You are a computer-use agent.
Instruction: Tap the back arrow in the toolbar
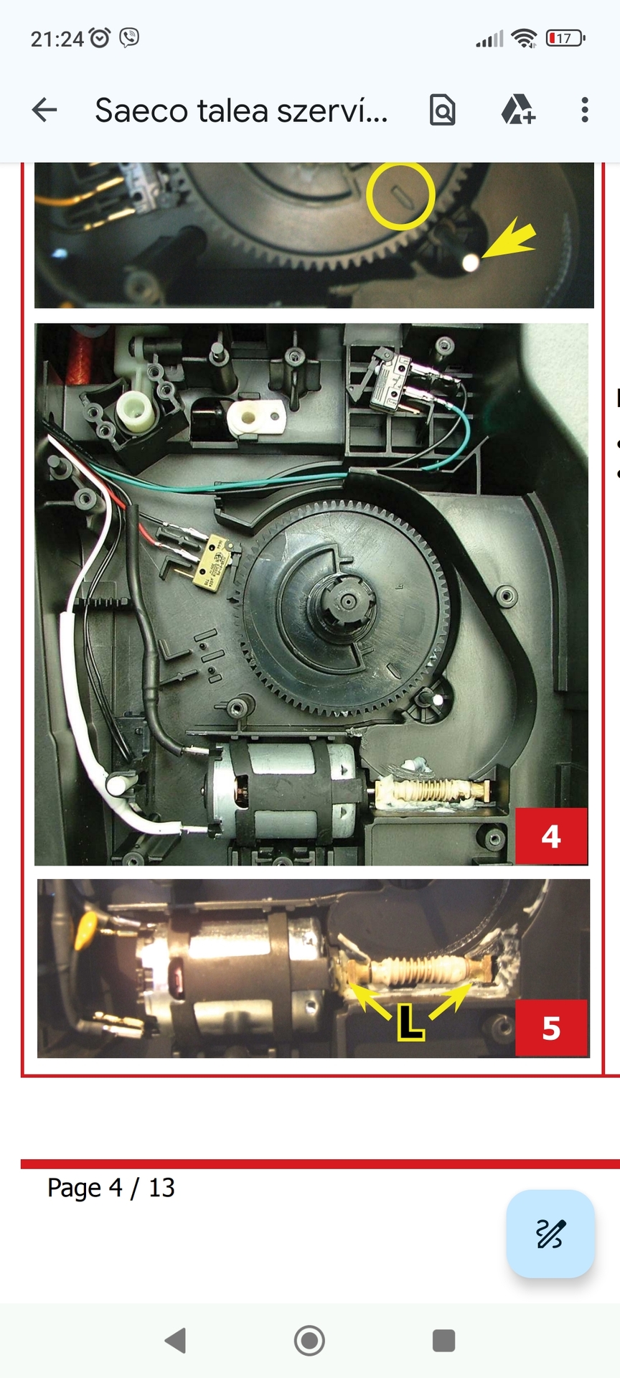[x=44, y=110]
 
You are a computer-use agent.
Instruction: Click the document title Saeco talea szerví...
[x=242, y=111]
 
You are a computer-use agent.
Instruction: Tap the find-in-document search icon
[x=442, y=110]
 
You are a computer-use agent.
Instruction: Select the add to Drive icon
[x=517, y=110]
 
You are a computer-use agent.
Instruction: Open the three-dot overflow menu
[x=585, y=110]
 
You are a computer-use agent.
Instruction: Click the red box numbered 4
[x=551, y=836]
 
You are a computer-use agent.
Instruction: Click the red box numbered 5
[x=551, y=1028]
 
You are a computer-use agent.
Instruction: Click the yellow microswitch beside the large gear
[x=212, y=563]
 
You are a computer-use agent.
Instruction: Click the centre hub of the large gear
[x=349, y=601]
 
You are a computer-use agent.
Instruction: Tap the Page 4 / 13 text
[x=111, y=1188]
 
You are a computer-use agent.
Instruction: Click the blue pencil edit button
[x=550, y=1234]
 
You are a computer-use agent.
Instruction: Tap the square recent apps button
[x=443, y=1340]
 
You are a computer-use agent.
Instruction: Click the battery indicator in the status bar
[x=565, y=38]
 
